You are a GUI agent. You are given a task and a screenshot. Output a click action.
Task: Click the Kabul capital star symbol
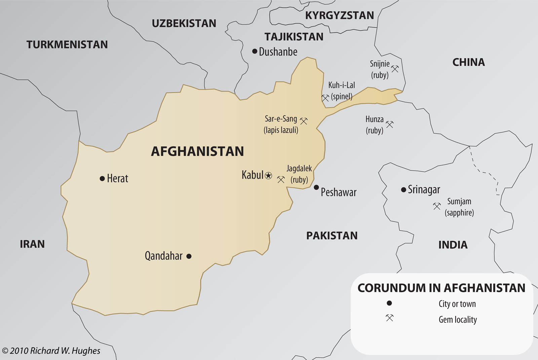pos(268,175)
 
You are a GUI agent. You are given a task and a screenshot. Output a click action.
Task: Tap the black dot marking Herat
pos(102,178)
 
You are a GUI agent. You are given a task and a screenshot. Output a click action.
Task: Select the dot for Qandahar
pos(189,256)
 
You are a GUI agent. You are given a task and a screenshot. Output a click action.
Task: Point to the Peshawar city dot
pos(316,187)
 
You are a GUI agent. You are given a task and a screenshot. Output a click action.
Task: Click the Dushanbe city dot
pos(255,51)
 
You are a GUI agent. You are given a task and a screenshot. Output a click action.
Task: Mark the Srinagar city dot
pos(403,190)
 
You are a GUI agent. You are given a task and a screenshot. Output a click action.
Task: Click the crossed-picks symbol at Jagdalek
pos(281,179)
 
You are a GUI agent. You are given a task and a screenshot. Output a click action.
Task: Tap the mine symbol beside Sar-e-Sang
pos(304,121)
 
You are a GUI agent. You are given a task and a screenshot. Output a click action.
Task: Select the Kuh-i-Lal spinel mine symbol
pos(325,98)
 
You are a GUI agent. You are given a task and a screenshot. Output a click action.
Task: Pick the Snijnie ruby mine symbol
pos(395,69)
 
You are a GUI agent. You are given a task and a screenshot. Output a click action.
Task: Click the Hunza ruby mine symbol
pos(389,124)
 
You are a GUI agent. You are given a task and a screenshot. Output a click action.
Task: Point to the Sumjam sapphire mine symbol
pos(437,206)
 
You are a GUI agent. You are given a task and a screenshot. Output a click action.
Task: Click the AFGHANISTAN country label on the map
pos(197,151)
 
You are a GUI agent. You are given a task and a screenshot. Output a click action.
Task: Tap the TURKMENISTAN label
pos(67,44)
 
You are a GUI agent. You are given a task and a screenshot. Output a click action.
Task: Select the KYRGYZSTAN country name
pos(339,15)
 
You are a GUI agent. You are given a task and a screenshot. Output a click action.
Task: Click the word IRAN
pos(32,244)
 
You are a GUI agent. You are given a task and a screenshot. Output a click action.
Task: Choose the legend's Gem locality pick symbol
pos(389,318)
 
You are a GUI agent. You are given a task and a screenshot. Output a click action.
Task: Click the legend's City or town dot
pos(389,303)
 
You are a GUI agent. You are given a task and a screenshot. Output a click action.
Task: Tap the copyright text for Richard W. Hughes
pos(51,351)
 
